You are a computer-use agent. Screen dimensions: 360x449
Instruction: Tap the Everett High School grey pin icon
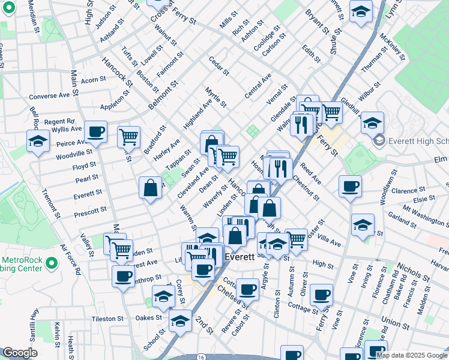coord(379,142)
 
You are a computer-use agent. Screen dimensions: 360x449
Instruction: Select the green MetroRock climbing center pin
coord(52,263)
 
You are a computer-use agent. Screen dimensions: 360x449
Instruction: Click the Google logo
coord(20,353)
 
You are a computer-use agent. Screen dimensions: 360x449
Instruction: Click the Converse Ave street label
coord(49,95)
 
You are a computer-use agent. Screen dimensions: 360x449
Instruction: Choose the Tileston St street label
coord(107,319)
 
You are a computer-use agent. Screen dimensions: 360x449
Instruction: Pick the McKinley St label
coord(393,47)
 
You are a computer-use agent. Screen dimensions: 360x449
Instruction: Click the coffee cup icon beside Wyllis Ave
coord(95,131)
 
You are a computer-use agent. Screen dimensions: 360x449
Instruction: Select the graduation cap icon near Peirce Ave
coord(38,141)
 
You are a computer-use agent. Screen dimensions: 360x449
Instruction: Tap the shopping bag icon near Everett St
coord(150,187)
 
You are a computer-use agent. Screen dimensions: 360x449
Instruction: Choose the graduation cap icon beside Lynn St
coord(361,11)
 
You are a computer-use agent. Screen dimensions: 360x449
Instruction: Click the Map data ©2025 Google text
coord(412,355)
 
